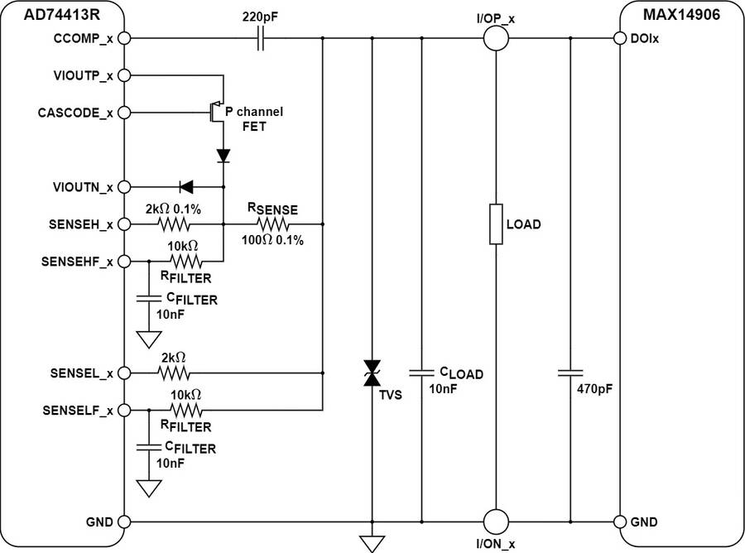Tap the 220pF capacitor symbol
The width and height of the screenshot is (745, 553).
coord(262,38)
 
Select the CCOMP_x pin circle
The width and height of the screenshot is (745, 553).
coord(125,38)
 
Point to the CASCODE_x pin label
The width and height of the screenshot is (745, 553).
coord(74,112)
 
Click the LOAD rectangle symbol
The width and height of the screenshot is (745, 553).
coord(495,224)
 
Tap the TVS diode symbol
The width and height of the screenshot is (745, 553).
coord(372,373)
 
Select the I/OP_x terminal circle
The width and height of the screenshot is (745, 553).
coord(495,38)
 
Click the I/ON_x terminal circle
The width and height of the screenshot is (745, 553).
coord(495,522)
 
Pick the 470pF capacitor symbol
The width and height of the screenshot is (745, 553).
coord(570,373)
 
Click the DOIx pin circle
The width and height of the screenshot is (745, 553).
coord(618,38)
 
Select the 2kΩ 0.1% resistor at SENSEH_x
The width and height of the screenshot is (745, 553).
coord(175,224)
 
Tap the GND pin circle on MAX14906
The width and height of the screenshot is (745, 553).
coord(618,522)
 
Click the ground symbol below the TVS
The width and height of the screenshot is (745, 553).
coord(372,542)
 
